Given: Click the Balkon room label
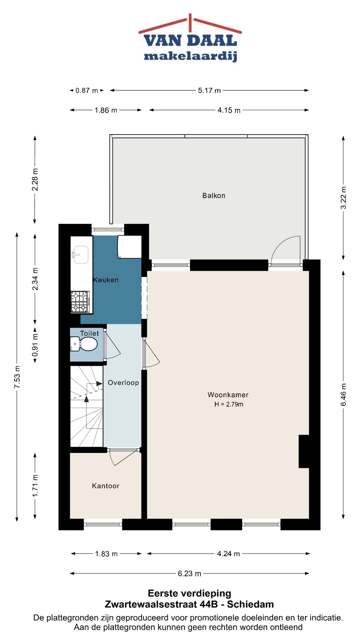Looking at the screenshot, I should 214,196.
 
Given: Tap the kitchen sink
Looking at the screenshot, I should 80,254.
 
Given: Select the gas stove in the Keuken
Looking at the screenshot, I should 80,302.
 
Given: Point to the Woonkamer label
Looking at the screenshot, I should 228,395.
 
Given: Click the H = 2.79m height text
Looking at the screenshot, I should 229,404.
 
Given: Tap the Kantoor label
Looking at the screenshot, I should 106,486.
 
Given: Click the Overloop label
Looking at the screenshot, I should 123,383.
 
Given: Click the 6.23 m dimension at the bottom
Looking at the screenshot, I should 189,574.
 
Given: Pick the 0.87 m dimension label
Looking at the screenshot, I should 87,91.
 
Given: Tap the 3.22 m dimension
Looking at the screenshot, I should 343,198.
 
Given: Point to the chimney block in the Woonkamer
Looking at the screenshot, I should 304,451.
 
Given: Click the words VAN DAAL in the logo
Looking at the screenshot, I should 190,41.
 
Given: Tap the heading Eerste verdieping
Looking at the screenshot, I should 189,593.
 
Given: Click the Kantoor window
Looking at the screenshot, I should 103,524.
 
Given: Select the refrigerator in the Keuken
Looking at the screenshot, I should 130,247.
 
